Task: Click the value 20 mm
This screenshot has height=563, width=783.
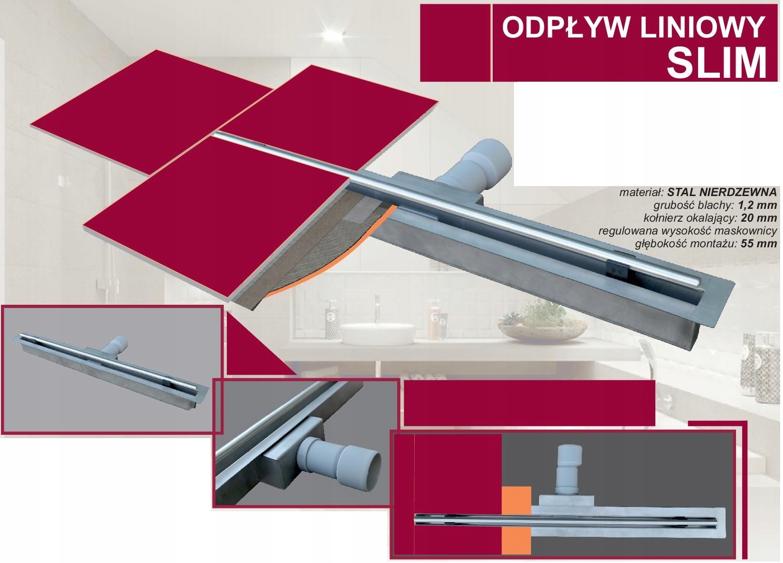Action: click(759, 218)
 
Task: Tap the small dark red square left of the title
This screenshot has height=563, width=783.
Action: click(455, 43)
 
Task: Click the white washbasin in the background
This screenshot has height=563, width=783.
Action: click(377, 334)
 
